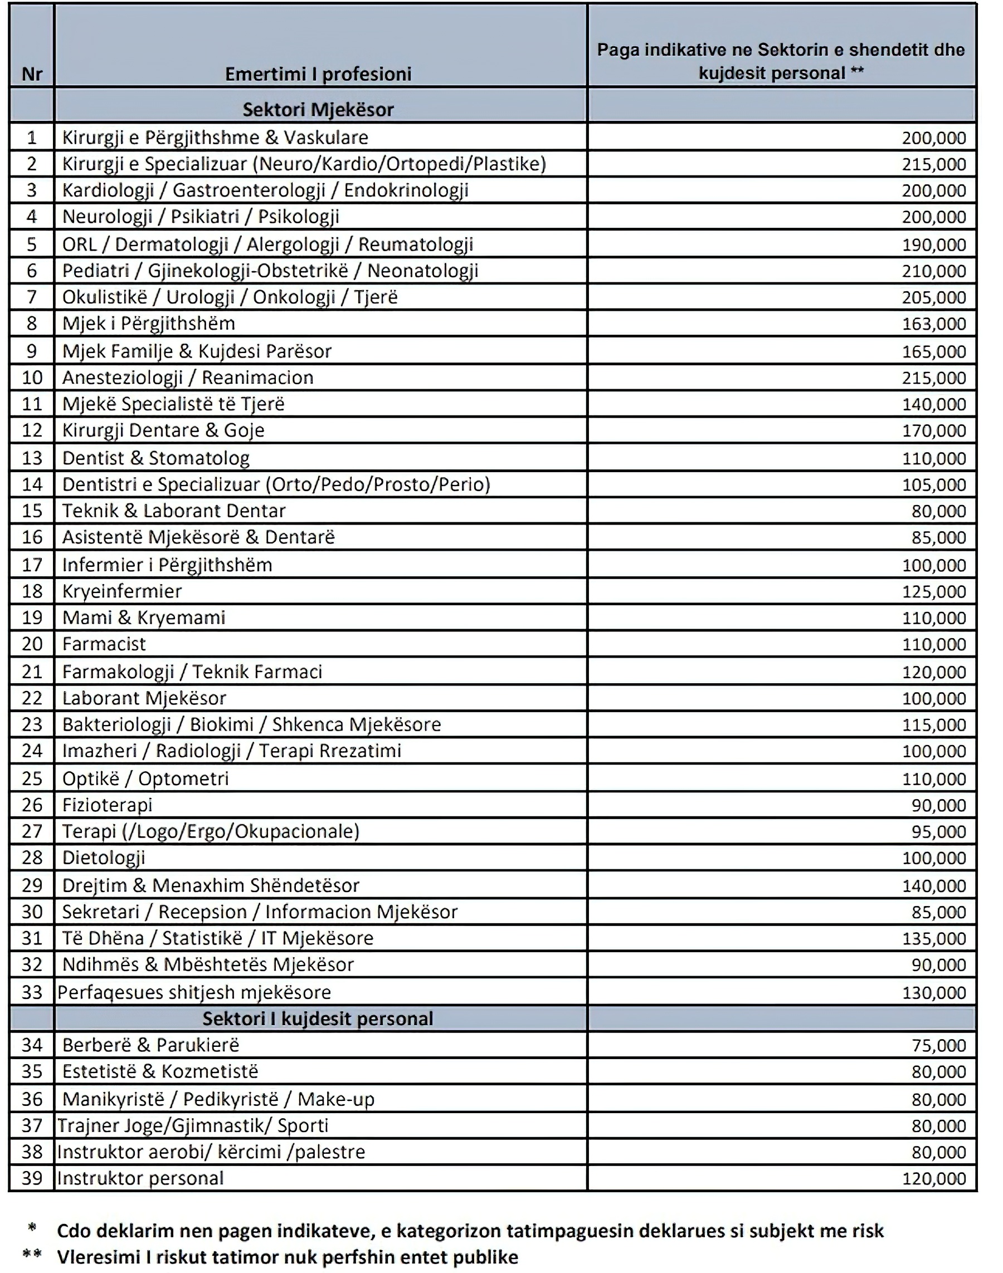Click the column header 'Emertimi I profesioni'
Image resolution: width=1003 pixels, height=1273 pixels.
click(318, 74)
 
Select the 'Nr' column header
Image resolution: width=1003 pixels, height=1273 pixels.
click(32, 75)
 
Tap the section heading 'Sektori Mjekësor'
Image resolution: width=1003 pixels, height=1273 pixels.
click(318, 110)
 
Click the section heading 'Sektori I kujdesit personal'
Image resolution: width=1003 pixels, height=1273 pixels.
click(318, 1019)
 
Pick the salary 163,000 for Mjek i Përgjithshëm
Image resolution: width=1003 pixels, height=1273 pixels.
click(934, 324)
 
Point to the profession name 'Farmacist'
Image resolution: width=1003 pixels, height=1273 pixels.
click(104, 644)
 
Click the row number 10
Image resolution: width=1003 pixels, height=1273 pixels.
click(32, 378)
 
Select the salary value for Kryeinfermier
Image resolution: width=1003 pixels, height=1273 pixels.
click(934, 591)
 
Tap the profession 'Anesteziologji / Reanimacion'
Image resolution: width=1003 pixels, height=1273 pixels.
click(188, 378)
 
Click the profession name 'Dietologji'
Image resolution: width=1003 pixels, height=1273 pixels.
click(104, 858)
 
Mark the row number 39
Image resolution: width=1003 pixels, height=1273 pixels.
click(32, 1178)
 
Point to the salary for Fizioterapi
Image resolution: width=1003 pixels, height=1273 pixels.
click(938, 805)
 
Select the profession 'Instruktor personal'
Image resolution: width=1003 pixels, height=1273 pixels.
click(140, 1178)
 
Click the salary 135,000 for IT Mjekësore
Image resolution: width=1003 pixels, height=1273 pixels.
click(934, 938)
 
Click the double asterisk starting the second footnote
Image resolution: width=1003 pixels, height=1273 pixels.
click(32, 1254)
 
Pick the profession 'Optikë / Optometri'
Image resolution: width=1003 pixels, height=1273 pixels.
click(145, 779)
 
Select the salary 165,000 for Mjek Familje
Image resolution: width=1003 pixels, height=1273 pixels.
click(934, 351)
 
